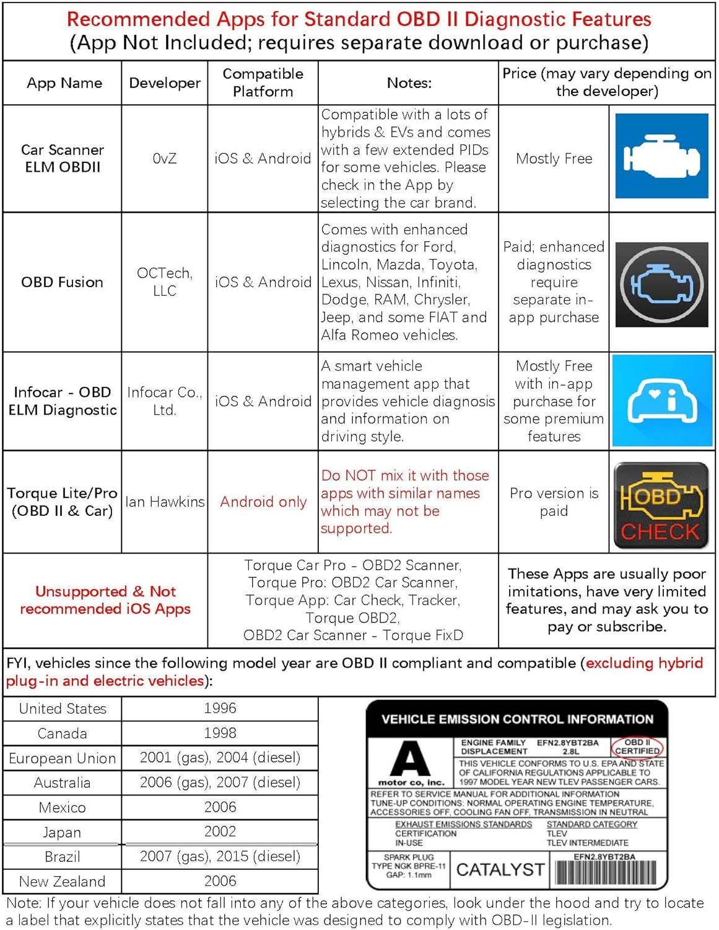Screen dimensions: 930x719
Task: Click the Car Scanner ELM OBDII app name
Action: coord(63,159)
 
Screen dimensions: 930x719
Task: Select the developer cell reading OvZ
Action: coord(165,159)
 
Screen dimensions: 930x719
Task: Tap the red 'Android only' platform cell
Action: coord(263,502)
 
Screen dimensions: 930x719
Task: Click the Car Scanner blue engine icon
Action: coord(661,156)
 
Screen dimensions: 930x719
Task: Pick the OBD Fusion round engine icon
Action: coord(661,285)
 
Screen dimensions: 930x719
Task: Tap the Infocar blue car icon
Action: coord(661,401)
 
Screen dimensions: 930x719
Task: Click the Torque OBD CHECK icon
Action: coord(661,506)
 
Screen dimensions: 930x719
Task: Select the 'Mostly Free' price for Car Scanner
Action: coord(554,159)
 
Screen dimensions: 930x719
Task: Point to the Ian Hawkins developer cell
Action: coord(165,502)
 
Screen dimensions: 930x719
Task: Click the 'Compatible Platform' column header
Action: coord(263,82)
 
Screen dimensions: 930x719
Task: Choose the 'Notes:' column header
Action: coord(409,82)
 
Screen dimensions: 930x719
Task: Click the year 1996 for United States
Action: coord(220,708)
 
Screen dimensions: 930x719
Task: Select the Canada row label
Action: coord(63,733)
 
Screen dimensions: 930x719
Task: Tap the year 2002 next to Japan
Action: coord(220,831)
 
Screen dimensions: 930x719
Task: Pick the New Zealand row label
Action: coord(63,881)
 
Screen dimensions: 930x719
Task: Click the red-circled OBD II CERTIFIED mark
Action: coord(637,746)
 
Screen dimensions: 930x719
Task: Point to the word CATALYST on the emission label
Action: coord(500,870)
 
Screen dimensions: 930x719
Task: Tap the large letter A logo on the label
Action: coord(411,758)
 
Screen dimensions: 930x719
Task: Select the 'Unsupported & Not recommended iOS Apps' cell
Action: coord(105,600)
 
